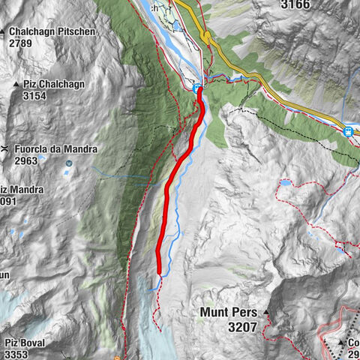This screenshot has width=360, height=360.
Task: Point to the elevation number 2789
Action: click(23, 43)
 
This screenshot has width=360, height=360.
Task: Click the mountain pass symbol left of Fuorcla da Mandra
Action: click(5, 149)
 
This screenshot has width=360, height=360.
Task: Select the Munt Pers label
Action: click(228, 312)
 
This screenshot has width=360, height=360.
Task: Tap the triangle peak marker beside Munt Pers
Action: click(265, 312)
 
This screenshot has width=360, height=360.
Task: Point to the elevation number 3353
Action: click(16, 355)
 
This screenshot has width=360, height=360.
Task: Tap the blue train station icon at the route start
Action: click(198, 89)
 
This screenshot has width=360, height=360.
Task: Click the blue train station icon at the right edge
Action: click(348, 132)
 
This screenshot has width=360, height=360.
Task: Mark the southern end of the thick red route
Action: click(160, 273)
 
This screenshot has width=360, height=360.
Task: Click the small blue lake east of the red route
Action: click(286, 182)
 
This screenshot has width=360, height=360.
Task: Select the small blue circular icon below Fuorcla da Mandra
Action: click(69, 162)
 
